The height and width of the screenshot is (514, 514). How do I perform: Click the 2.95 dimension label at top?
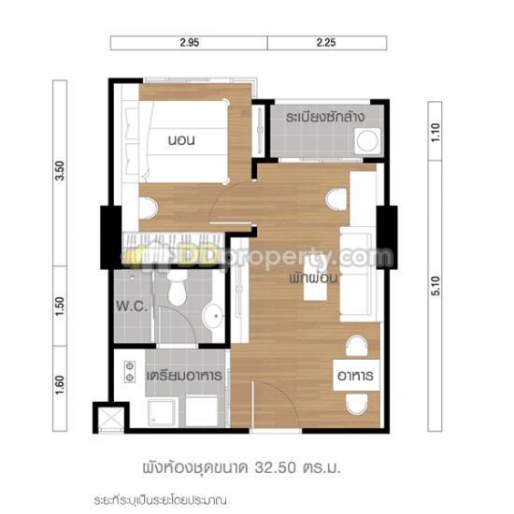(x=189, y=43)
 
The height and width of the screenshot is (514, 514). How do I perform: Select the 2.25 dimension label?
(x=326, y=43)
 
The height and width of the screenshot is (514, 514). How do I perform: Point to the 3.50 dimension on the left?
(x=60, y=170)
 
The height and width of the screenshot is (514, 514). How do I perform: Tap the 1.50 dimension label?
(x=60, y=307)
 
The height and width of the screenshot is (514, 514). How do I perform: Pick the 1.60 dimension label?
(x=60, y=385)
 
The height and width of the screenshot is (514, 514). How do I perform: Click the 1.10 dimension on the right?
(x=435, y=133)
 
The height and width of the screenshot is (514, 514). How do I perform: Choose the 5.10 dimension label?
(x=435, y=286)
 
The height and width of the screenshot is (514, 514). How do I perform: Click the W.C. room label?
(x=132, y=307)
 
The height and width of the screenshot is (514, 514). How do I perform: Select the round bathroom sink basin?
(x=214, y=316)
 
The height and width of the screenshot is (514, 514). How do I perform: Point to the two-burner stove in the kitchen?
(x=130, y=371)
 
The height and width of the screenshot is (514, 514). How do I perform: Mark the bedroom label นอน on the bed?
(x=181, y=140)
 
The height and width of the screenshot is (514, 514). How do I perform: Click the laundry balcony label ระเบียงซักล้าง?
(x=325, y=117)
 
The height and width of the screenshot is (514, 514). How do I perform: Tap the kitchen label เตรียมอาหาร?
(x=184, y=376)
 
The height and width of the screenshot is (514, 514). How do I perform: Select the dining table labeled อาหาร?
(x=356, y=376)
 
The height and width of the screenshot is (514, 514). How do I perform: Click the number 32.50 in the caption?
(x=276, y=467)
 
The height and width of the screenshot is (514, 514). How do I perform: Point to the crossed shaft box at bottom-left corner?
(x=111, y=419)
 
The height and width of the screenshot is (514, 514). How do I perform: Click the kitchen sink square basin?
(x=162, y=412)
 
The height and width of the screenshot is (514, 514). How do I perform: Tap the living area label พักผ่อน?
(x=313, y=278)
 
